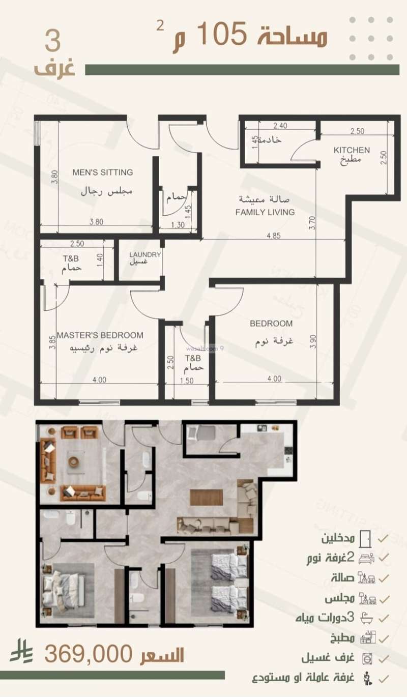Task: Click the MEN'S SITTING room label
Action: [102, 172]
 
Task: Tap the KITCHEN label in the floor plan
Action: [352, 150]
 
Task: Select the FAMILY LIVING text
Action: [265, 212]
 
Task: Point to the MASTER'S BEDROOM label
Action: [100, 335]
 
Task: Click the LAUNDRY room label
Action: [145, 255]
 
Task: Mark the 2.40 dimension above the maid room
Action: [280, 126]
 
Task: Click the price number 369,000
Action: [89, 653]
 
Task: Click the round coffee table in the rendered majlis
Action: [74, 461]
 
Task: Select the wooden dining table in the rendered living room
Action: [207, 497]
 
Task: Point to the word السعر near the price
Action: [161, 654]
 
